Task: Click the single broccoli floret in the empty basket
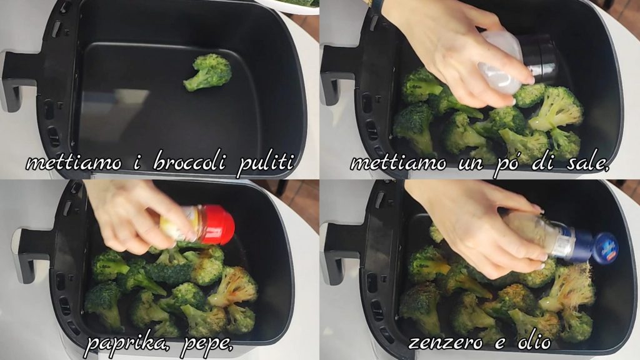click(x=207, y=72)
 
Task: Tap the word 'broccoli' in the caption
click(x=189, y=162)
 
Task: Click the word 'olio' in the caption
click(x=534, y=341)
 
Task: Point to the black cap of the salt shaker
click(x=539, y=58)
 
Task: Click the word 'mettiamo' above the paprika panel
click(x=74, y=163)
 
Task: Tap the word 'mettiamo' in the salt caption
click(x=398, y=163)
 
